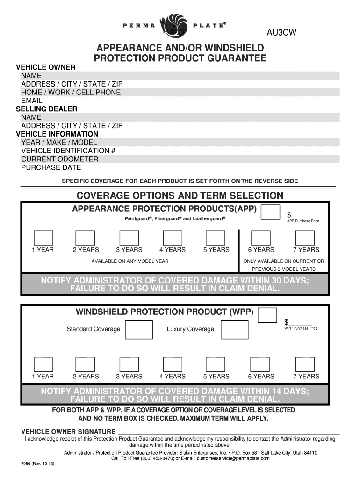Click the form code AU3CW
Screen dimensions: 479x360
click(x=282, y=33)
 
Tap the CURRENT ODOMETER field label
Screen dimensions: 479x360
click(x=60, y=159)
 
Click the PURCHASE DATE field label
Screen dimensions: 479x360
click(x=51, y=167)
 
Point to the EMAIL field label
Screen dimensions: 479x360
click(x=32, y=101)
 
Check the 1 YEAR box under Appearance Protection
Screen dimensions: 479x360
click(x=43, y=237)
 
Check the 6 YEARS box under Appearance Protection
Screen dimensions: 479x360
click(x=261, y=237)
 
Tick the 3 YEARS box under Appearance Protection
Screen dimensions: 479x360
click(x=129, y=237)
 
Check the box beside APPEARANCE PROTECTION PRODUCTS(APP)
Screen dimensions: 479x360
click(x=270, y=212)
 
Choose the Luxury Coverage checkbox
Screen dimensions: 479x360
click(x=234, y=329)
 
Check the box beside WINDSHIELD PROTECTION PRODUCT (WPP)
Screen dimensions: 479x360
click(x=267, y=315)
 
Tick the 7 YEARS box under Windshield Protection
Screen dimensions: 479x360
click(x=305, y=364)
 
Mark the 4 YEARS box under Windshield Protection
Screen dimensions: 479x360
click(x=172, y=364)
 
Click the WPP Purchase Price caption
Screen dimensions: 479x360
click(x=301, y=328)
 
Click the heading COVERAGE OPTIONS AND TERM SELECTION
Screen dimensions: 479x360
click(x=180, y=196)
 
